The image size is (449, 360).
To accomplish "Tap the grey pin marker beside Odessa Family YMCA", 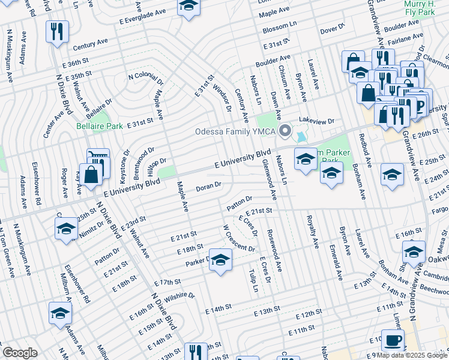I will [286, 130].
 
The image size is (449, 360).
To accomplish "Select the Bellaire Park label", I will [100, 126].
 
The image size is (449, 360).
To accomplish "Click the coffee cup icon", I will [393, 341].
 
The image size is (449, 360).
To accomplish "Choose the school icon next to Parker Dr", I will [220, 260].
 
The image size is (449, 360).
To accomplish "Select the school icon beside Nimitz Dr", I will [66, 229].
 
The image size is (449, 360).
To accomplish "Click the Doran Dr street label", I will [209, 187].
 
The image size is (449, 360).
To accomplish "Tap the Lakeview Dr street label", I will [316, 121].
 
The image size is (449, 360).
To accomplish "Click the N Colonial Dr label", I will [145, 79].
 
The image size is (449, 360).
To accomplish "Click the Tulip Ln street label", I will [254, 280].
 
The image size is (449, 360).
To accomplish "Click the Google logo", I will [20, 353].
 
